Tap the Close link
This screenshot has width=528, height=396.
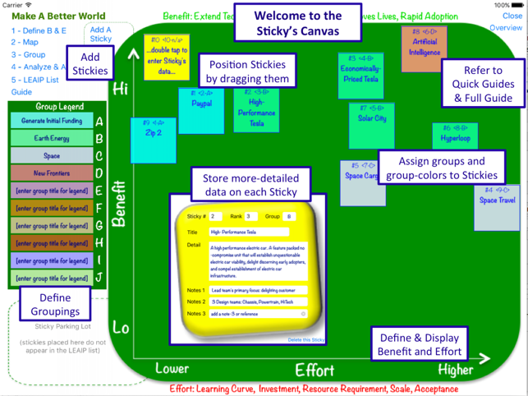(x=512, y=16)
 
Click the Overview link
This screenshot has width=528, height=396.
(x=506, y=28)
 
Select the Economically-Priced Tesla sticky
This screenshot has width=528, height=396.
(x=360, y=75)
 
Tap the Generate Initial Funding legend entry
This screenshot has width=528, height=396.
(x=47, y=121)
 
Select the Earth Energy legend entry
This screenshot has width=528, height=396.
(x=47, y=138)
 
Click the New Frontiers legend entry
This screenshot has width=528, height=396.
(x=47, y=173)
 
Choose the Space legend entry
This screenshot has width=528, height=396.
(x=47, y=156)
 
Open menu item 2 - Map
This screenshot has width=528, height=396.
(x=25, y=42)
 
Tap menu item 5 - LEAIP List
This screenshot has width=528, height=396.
(x=34, y=80)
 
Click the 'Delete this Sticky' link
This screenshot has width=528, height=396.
(x=305, y=339)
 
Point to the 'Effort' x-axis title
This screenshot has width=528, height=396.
(x=315, y=369)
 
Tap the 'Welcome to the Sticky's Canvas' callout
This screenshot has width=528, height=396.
(x=296, y=23)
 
